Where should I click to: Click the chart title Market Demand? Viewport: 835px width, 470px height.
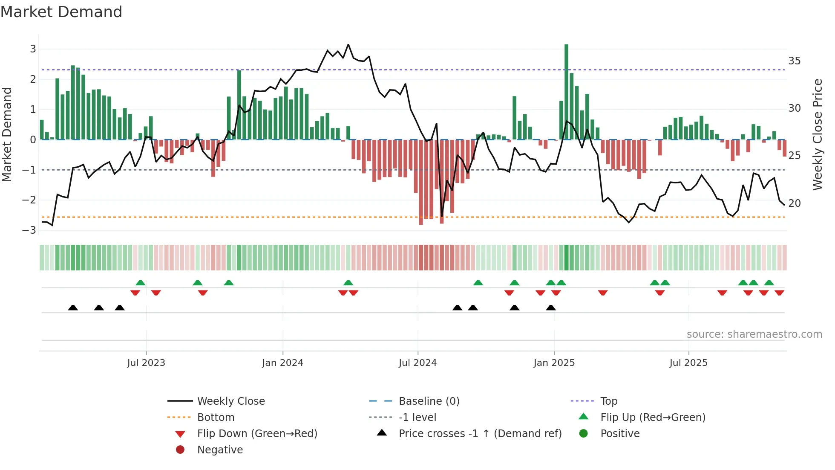61,12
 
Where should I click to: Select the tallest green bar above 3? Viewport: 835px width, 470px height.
566,92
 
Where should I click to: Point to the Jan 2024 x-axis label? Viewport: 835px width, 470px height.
282,363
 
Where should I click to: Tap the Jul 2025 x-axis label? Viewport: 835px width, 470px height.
688,363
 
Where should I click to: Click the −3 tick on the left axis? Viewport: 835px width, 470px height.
29,230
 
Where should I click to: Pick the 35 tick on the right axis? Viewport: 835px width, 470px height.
794,61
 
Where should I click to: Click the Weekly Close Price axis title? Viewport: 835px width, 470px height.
817,134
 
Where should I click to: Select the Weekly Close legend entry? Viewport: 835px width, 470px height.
230,401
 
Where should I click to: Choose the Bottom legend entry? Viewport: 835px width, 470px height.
216,418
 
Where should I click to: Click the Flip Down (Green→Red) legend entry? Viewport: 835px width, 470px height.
257,434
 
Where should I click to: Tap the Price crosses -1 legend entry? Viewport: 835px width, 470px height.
480,434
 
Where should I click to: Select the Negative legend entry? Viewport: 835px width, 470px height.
220,450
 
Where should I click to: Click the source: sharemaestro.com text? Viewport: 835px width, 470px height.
754,334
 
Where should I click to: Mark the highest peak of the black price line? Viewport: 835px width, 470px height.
348,44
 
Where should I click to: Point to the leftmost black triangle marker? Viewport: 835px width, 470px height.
73,308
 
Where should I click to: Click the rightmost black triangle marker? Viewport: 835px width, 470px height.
551,308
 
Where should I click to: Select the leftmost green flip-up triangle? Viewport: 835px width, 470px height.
140,283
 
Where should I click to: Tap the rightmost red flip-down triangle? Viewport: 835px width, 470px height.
779,293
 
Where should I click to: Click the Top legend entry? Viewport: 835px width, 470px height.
608,401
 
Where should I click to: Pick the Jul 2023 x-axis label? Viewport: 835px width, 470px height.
146,363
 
